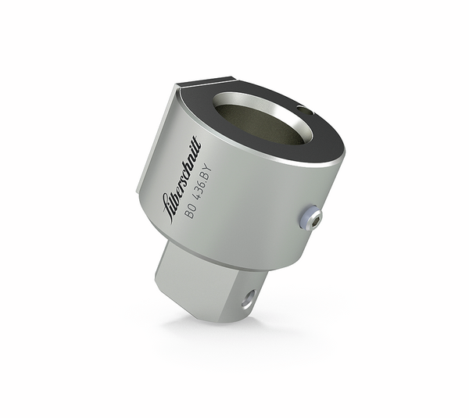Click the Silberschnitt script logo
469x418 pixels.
point(185,179)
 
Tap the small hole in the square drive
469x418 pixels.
point(248,296)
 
